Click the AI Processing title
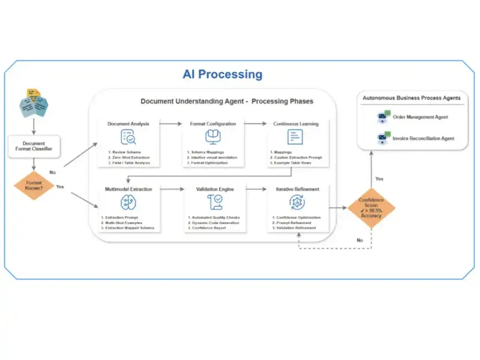pyautogui.click(x=223, y=74)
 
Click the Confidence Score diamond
pyautogui.click(x=372, y=207)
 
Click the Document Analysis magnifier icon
pyautogui.click(x=128, y=138)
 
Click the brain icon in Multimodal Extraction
pyautogui.click(x=128, y=203)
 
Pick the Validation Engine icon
pyautogui.click(x=213, y=203)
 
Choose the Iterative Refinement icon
pyautogui.click(x=293, y=203)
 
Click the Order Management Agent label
pyautogui.click(x=420, y=117)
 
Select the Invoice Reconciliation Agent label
pyautogui.click(x=424, y=139)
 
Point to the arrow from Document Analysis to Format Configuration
pyautogui.click(x=170, y=124)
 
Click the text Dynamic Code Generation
pyautogui.click(x=213, y=223)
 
